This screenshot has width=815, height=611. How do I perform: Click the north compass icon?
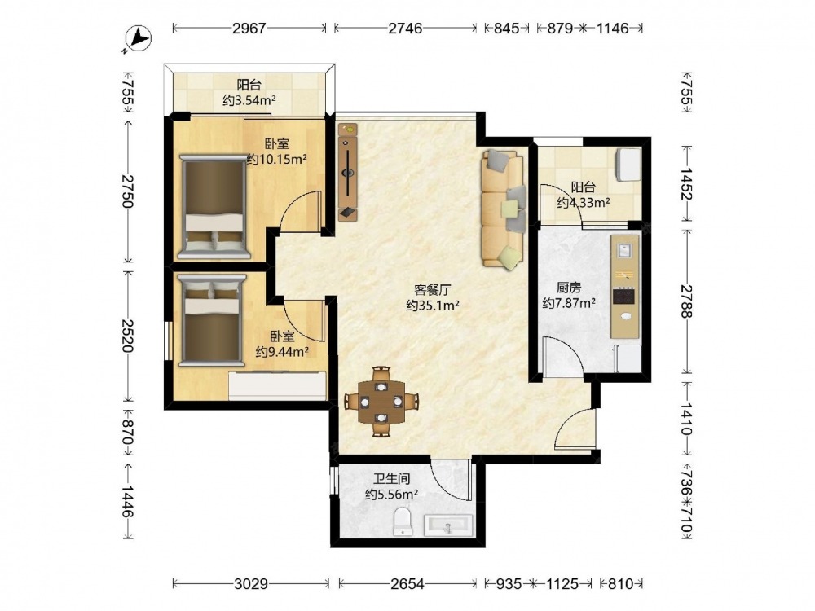pyautogui.click(x=138, y=38)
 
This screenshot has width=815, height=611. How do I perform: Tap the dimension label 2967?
pyautogui.click(x=249, y=28)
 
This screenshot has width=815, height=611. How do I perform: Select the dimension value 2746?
pyautogui.click(x=405, y=28)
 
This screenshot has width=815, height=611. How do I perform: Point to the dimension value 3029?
pyautogui.click(x=251, y=584)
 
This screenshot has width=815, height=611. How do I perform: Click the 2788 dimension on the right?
pyautogui.click(x=686, y=302)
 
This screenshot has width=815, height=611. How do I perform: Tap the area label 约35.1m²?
pyautogui.click(x=433, y=305)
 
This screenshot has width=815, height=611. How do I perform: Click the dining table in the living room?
pyautogui.click(x=382, y=402)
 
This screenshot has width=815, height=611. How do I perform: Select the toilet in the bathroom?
pyautogui.click(x=403, y=521)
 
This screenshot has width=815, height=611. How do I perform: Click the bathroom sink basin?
pyautogui.click(x=448, y=525)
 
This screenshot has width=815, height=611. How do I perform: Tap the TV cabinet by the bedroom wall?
pyautogui.click(x=348, y=172)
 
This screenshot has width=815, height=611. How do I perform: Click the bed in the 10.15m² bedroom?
pyautogui.click(x=214, y=206)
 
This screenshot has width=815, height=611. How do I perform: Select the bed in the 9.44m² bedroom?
pyautogui.click(x=211, y=320)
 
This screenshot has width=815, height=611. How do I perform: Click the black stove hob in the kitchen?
pyautogui.click(x=623, y=297)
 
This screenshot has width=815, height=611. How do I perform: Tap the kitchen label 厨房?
pyautogui.click(x=569, y=288)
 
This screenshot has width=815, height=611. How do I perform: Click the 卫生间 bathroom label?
pyautogui.click(x=392, y=478)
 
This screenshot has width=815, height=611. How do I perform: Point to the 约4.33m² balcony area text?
pyautogui.click(x=584, y=203)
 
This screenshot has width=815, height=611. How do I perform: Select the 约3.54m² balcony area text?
pyautogui.click(x=249, y=100)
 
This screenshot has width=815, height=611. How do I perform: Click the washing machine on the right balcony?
pyautogui.click(x=628, y=165)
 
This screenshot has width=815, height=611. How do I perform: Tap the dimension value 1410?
pyautogui.click(x=686, y=419)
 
